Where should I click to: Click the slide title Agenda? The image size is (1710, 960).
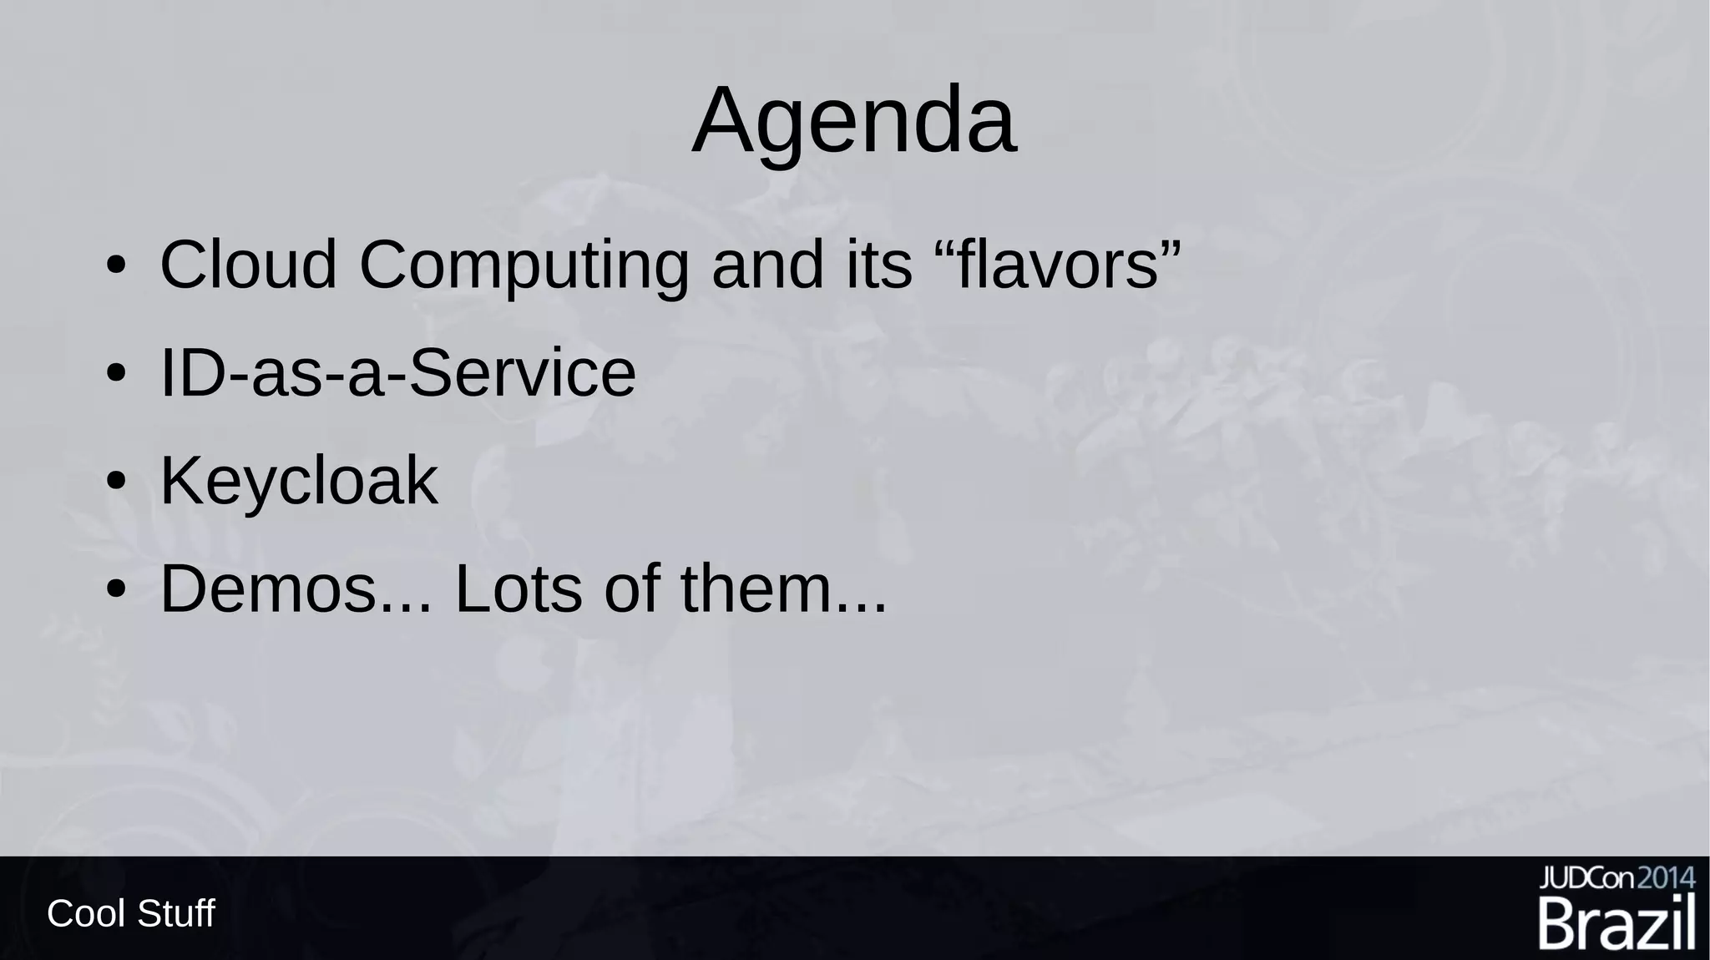click(x=854, y=121)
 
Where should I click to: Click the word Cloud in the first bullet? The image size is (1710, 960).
click(x=248, y=265)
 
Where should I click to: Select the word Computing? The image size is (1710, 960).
click(x=524, y=266)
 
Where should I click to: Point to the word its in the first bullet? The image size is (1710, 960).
click(x=879, y=265)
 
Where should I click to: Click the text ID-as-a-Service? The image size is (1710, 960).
click(x=397, y=373)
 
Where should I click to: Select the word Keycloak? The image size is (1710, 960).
click(x=299, y=481)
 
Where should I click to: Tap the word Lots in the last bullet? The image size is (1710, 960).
click(x=517, y=589)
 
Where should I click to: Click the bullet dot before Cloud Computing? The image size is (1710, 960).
click(x=116, y=266)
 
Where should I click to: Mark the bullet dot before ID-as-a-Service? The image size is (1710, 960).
click(x=116, y=374)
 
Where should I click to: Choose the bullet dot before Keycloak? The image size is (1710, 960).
click(x=116, y=482)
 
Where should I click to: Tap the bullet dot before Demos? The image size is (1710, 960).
click(x=116, y=589)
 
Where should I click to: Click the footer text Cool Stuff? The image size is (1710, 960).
click(x=131, y=913)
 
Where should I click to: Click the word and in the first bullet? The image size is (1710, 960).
click(x=767, y=265)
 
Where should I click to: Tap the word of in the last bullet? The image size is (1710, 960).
click(x=634, y=589)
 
